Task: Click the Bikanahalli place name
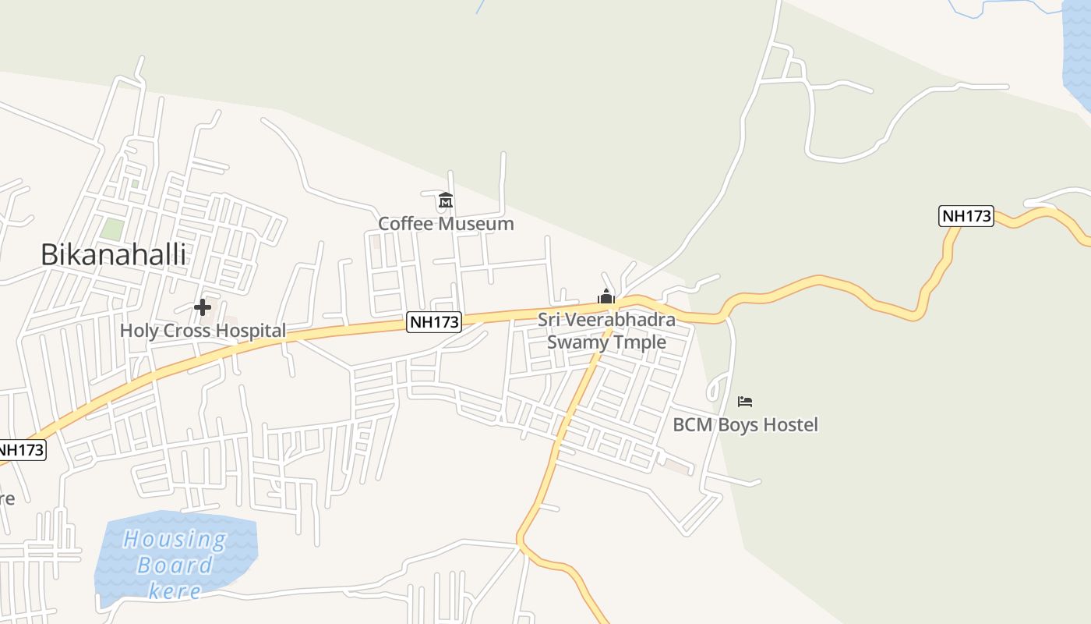113,255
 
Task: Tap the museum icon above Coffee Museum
446,200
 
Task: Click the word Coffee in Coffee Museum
404,224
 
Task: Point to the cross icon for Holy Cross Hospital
203,307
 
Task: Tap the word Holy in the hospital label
139,331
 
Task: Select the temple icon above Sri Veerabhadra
606,296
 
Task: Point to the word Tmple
642,342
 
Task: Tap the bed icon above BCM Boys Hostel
745,402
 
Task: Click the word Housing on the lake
175,539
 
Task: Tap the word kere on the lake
175,591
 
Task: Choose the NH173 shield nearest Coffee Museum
434,321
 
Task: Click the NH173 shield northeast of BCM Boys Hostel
967,216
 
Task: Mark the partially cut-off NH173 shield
21,450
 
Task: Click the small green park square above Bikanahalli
112,229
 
